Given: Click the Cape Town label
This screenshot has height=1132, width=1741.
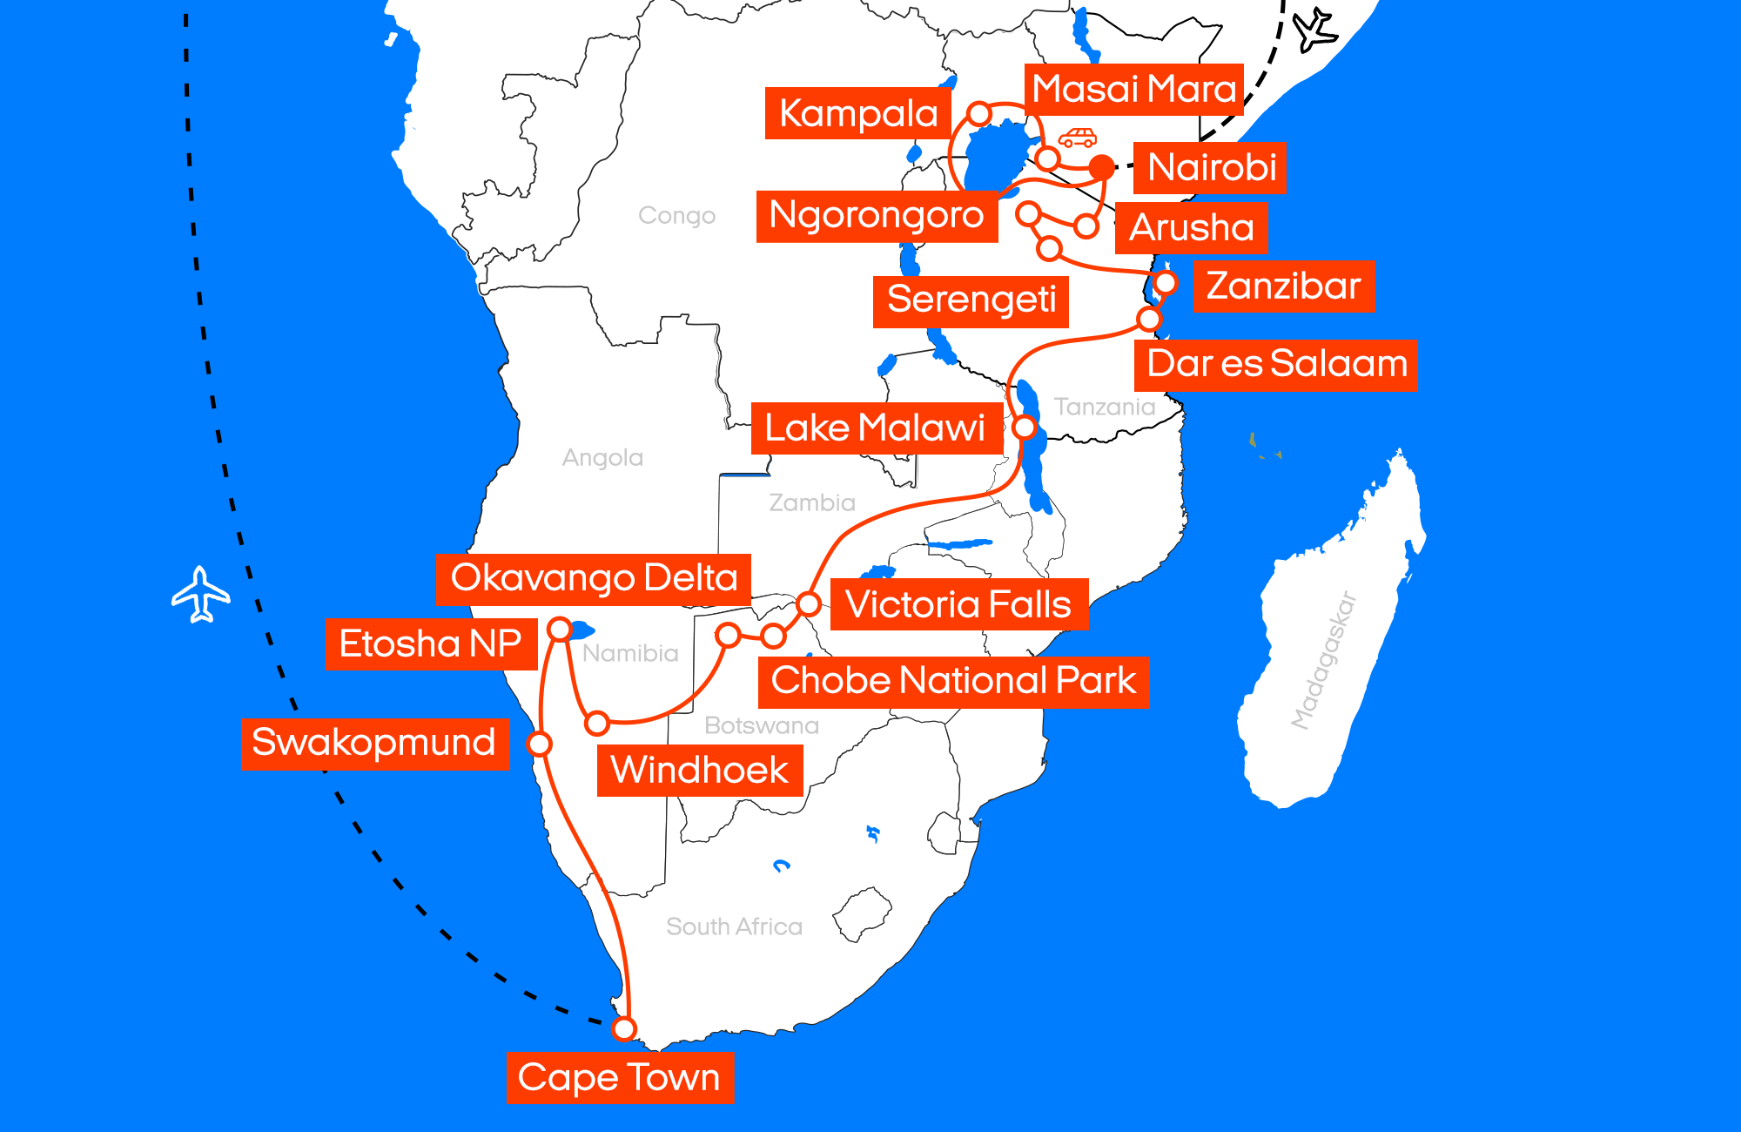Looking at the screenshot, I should coord(619,1077).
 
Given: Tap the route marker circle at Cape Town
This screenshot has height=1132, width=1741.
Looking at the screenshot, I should coord(623,1028).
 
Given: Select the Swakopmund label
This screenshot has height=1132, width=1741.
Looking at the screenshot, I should coord(374,744).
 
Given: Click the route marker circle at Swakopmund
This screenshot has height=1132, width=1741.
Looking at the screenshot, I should coord(540,744).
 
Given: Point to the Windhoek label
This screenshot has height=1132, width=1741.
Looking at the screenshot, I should coord(699,771).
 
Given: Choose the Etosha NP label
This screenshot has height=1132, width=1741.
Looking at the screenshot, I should coord(430,644).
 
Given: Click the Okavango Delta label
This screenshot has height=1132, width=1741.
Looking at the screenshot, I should coord(594,578).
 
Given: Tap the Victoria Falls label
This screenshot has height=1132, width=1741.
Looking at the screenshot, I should coord(958,604).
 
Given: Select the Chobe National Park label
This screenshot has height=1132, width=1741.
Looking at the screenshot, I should coord(953,681).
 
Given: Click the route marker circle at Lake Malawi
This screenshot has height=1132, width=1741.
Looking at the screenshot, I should coord(1025,428).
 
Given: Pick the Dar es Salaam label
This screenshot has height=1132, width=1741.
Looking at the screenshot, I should coord(1276,364).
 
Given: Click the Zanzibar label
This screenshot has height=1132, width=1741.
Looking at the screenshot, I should coord(1283,286).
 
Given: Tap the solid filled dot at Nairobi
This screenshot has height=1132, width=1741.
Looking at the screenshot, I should coord(1101,167).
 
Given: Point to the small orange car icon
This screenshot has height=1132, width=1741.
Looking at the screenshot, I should coord(1077,138).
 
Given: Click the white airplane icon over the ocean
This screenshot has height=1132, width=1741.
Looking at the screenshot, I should coord(201,595).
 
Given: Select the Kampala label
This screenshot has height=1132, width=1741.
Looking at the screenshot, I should coord(857,113).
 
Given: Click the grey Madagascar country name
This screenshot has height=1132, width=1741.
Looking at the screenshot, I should coord(1324,659).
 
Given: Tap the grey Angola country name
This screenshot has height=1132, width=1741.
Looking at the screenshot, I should coord(602,457).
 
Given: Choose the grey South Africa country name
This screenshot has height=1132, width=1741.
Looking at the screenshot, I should coord(734,926).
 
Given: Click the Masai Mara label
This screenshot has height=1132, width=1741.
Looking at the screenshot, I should coord(1133,89).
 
